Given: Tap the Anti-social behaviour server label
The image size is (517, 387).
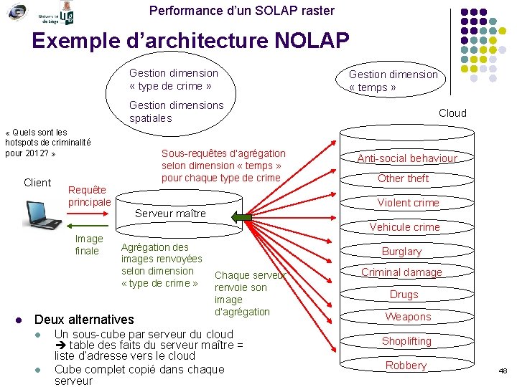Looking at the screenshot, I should click(x=407, y=158).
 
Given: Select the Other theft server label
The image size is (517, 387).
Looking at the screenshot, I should click(x=403, y=178).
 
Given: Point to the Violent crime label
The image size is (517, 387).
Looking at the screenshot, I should click(x=408, y=203).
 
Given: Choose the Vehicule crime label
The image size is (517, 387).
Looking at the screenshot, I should click(x=404, y=227).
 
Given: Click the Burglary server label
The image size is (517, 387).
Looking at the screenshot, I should click(x=401, y=252).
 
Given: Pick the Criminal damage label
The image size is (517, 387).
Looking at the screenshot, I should click(x=401, y=272).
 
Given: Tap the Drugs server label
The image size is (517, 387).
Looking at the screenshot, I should click(x=404, y=295).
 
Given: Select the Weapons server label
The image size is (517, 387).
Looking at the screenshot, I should click(x=408, y=317).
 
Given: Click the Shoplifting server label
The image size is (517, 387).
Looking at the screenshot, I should click(x=406, y=341).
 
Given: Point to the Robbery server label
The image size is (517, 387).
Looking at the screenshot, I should click(x=406, y=365).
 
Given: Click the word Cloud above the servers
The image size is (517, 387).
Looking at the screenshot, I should click(x=452, y=113).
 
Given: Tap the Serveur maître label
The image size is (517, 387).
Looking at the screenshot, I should click(x=170, y=214).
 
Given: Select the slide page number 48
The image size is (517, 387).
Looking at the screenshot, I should click(x=503, y=371).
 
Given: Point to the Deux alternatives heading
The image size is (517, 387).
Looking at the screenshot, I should click(x=84, y=319).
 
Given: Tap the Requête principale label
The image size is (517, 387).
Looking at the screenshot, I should click(x=89, y=196).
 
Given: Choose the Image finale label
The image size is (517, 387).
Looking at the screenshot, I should click(x=88, y=244).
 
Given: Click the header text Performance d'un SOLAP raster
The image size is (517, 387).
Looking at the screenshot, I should click(x=241, y=11).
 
